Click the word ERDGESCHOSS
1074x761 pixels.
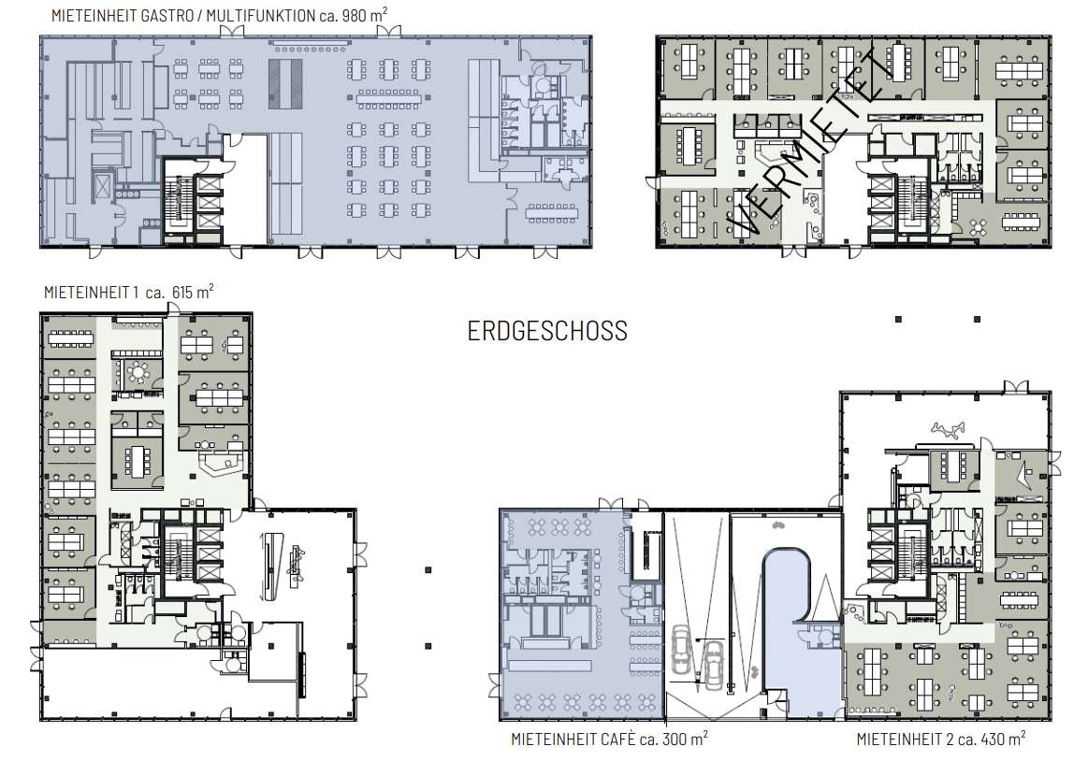click(547, 331)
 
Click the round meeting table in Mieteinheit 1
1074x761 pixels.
click(138, 372)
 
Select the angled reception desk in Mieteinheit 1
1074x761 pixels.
click(223, 461)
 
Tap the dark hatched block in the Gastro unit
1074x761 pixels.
click(285, 83)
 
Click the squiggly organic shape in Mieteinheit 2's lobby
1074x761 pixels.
click(948, 430)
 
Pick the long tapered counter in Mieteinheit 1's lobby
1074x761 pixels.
click(272, 566)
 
